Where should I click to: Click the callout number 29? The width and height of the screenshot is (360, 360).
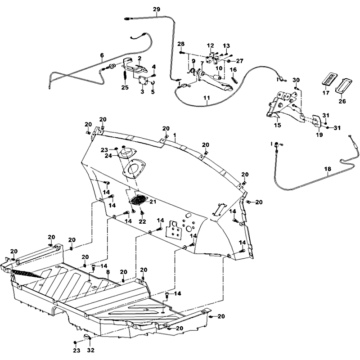pos(157,9)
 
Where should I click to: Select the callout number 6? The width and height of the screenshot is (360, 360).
pos(102,56)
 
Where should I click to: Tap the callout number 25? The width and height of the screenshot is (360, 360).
pos(125,87)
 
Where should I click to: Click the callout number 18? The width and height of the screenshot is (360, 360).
pos(328,170)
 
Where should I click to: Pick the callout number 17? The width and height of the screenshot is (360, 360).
pos(326,94)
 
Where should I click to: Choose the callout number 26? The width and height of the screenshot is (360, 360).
pos(342,102)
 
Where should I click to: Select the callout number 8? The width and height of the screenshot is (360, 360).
pos(108,272)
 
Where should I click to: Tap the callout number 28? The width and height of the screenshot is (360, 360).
pos(181,44)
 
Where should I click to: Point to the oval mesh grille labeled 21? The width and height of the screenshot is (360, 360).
pos(139,200)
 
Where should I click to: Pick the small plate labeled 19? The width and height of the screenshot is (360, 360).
pos(316,121)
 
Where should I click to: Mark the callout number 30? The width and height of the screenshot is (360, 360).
pos(296,80)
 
